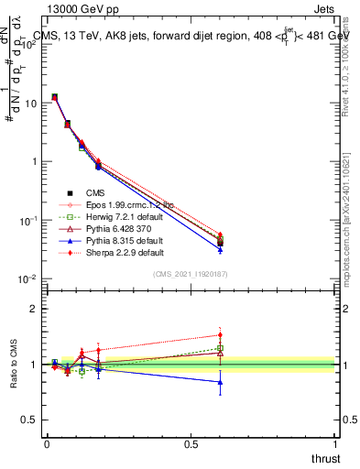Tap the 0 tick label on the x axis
[x=46, y=443]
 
